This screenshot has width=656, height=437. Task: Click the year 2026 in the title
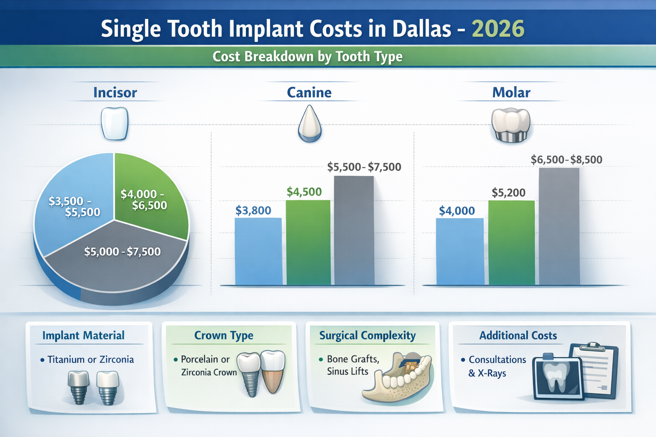498,29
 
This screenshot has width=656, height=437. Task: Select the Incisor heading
115,93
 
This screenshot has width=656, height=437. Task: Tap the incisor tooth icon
114,123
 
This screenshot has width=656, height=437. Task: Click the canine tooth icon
309,124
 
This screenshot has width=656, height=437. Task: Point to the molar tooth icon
511,125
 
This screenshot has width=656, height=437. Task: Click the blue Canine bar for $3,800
258,252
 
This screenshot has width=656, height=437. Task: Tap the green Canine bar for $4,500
308,243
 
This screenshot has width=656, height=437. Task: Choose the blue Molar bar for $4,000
460,252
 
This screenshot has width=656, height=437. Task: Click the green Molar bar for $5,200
511,243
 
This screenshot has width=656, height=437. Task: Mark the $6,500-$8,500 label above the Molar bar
566,160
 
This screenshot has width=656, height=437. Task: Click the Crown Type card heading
224,335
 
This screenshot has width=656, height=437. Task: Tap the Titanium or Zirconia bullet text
91,360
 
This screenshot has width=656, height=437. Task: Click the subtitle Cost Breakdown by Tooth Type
307,56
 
